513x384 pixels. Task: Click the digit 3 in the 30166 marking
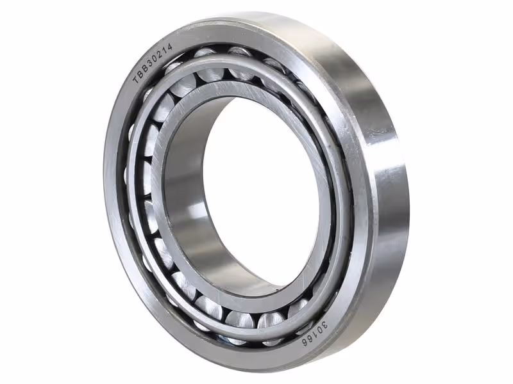click(316, 328)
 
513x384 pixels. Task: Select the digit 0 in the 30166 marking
click(311, 333)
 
